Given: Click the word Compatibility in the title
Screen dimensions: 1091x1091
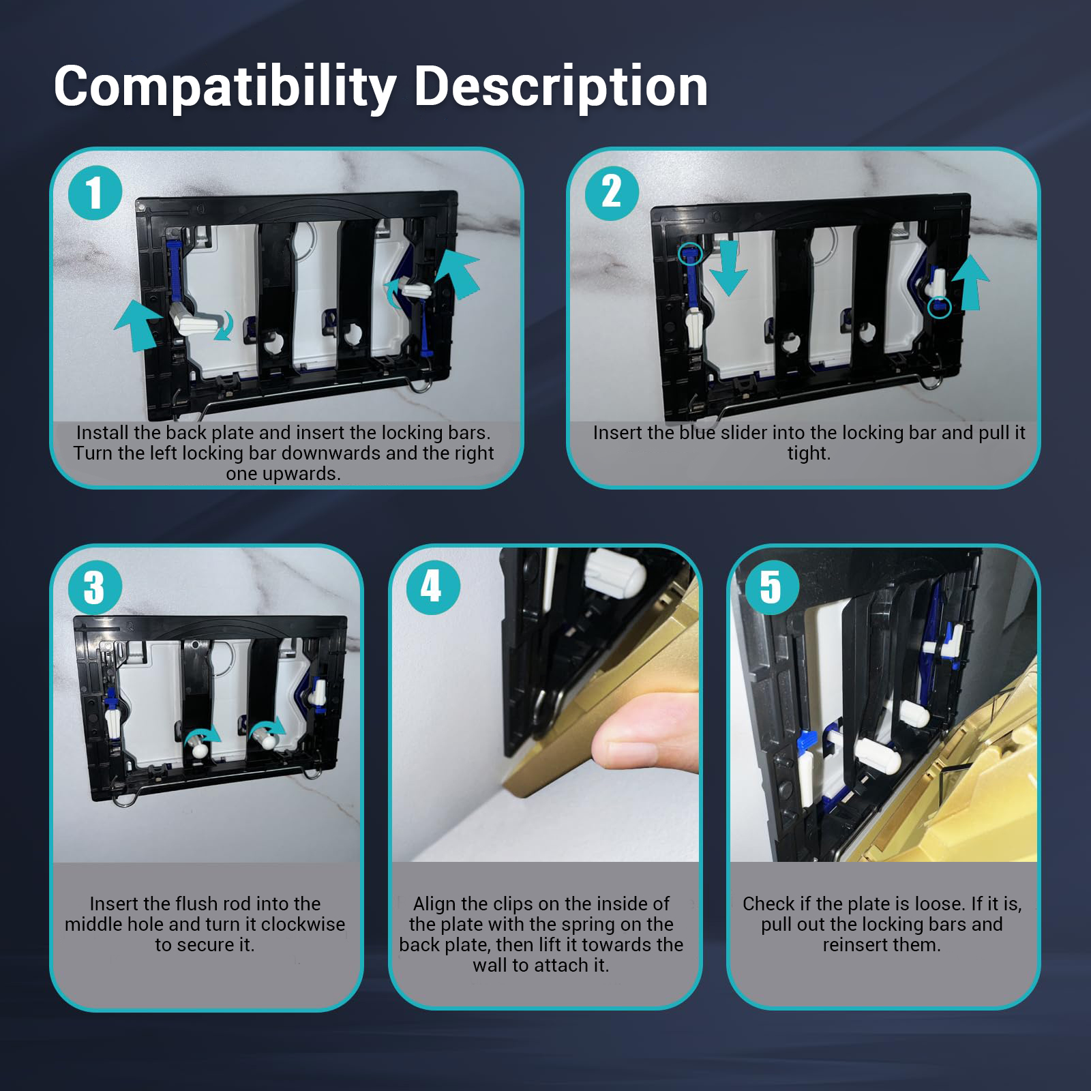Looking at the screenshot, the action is [225, 87].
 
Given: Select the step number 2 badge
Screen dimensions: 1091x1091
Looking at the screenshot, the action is [612, 192].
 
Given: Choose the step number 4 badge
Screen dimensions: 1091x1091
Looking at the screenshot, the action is [432, 586].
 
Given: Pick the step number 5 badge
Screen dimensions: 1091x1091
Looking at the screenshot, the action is [771, 586].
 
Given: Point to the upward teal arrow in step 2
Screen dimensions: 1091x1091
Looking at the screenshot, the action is [971, 282].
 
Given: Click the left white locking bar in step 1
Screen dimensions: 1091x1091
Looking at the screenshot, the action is [198, 319].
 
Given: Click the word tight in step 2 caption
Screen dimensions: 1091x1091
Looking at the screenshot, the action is [809, 453].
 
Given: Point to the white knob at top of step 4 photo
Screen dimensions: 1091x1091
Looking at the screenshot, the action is [616, 573].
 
